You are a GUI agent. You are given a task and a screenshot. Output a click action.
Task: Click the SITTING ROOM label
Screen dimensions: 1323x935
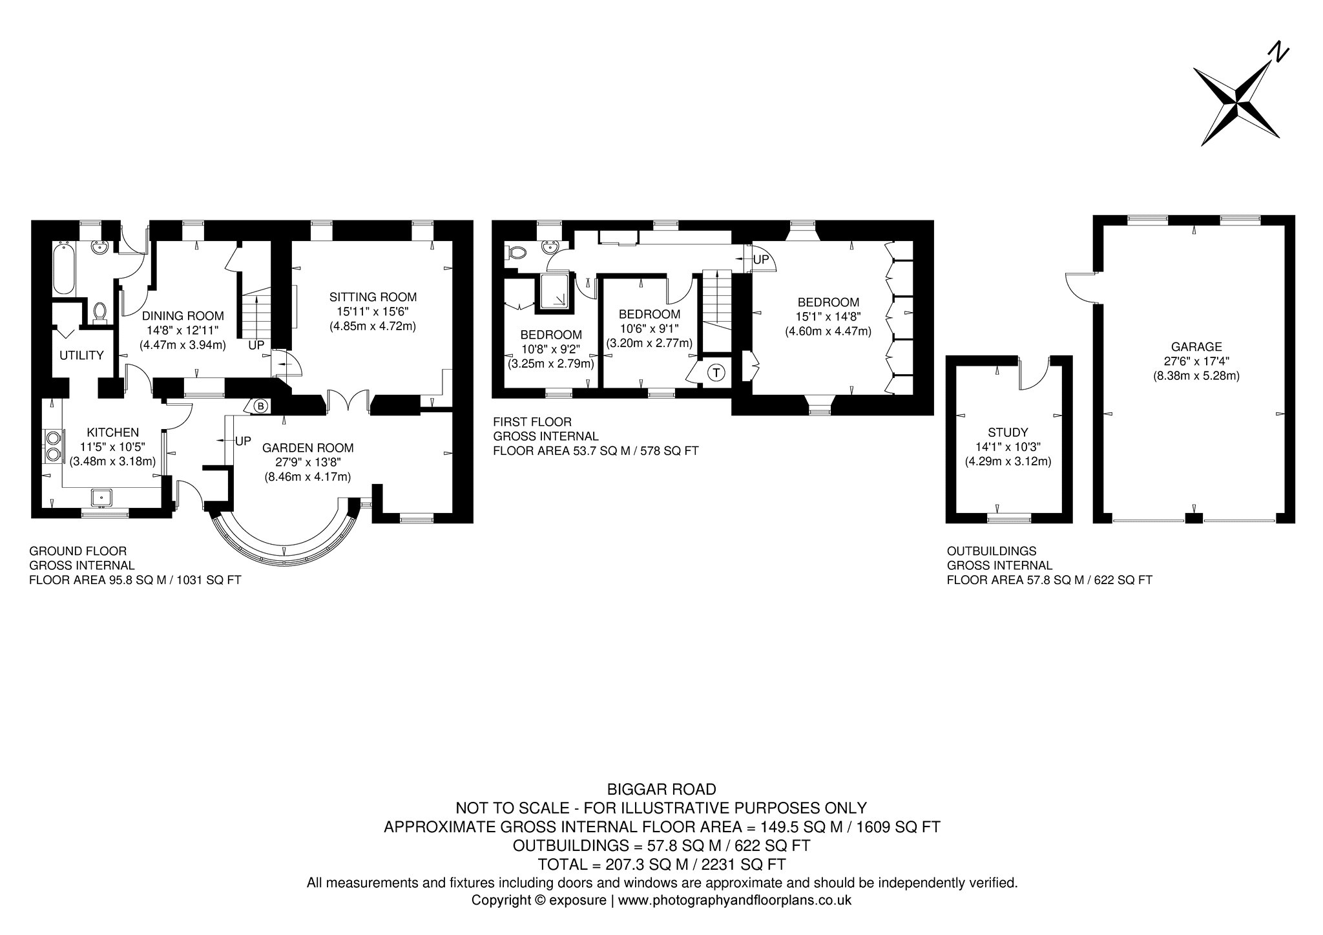pyautogui.click(x=373, y=297)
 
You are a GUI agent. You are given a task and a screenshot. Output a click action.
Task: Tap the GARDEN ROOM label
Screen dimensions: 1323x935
pyautogui.click(x=307, y=447)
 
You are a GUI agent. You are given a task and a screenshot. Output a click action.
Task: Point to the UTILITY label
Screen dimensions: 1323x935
pyautogui.click(x=81, y=355)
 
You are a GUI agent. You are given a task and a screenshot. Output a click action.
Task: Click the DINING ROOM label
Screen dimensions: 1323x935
pyautogui.click(x=183, y=316)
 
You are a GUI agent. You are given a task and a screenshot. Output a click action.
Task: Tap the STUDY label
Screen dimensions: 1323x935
pyautogui.click(x=1008, y=432)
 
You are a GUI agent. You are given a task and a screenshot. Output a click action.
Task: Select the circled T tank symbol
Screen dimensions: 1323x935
pyautogui.click(x=716, y=373)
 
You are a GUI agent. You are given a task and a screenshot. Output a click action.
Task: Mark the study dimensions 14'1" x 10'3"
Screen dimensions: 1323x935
pyautogui.click(x=1008, y=447)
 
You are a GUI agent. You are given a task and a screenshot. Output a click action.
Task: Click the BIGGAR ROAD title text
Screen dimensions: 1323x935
pyautogui.click(x=661, y=790)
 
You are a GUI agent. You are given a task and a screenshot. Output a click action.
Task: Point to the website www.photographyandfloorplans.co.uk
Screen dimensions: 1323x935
pyautogui.click(x=735, y=900)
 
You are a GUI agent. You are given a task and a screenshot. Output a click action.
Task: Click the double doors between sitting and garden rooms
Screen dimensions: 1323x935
pyautogui.click(x=349, y=401)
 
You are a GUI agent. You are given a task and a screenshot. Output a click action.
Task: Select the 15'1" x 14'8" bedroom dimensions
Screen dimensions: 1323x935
pyautogui.click(x=828, y=317)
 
